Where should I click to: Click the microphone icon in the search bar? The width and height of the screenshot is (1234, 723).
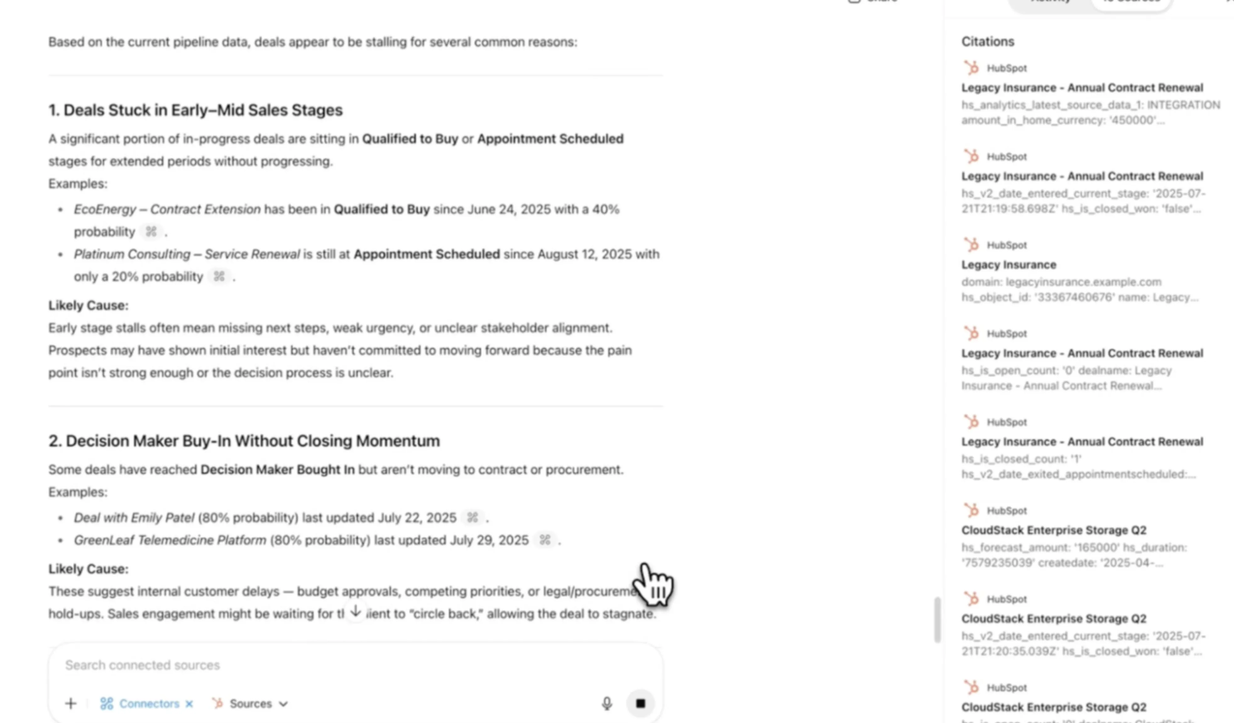[x=607, y=704]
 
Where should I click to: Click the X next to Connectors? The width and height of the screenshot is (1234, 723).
[x=189, y=704]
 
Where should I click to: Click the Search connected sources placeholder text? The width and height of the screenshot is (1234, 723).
[x=143, y=665]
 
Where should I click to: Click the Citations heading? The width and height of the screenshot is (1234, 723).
[x=987, y=41]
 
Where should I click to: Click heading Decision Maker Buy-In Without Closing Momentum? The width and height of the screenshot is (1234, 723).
[x=244, y=441]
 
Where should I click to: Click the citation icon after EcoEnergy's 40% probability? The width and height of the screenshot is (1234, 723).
[x=151, y=232]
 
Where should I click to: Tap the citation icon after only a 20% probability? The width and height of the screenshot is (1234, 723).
[x=219, y=277]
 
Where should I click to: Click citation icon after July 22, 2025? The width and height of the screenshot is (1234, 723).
[x=472, y=518]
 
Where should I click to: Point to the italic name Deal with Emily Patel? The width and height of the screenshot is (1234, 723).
[x=134, y=518]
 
